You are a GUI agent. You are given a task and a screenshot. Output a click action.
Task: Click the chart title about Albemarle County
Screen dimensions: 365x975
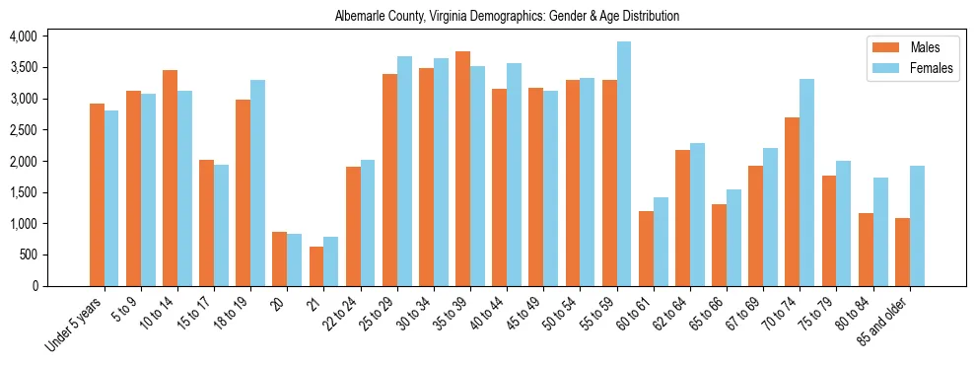(507, 17)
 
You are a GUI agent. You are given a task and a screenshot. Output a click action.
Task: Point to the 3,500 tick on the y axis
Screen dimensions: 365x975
(23, 67)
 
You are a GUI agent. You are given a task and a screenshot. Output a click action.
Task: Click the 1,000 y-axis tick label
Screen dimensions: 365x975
(23, 224)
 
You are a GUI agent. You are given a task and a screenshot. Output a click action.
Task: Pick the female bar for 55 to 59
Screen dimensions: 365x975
(624, 164)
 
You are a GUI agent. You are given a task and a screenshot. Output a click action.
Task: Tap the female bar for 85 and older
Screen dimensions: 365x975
(917, 226)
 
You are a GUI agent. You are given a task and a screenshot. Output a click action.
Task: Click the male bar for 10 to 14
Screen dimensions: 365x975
(171, 178)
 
